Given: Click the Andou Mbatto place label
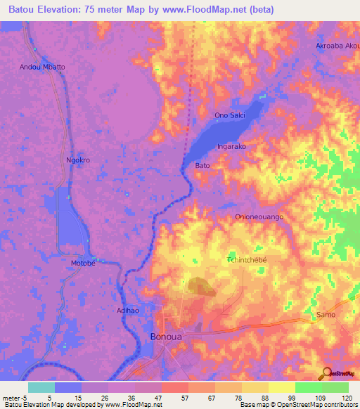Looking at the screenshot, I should click(41, 67).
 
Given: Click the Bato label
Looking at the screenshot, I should click(202, 166).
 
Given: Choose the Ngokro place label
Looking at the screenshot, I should click(78, 160).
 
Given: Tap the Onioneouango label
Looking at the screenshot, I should click(259, 217).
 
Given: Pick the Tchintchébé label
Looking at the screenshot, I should click(247, 259).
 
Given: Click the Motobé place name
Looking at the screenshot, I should click(82, 264).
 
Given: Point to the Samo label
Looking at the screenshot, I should click(326, 314).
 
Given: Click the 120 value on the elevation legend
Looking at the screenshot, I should click(347, 398).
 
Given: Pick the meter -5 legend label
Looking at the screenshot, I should click(15, 398).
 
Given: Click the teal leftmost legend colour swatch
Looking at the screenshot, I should click(41, 387).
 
